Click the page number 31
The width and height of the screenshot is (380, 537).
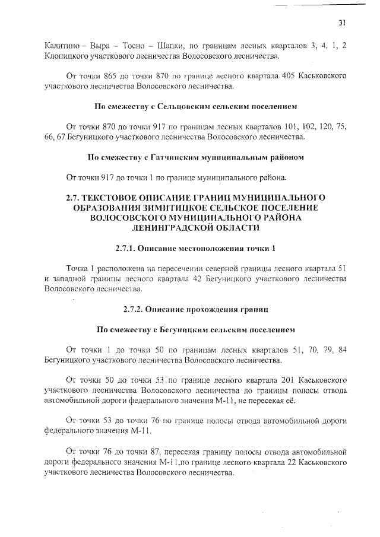click(342, 23)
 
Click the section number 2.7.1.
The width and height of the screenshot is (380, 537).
click(135, 247)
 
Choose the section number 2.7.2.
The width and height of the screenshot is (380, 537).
click(135, 309)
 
